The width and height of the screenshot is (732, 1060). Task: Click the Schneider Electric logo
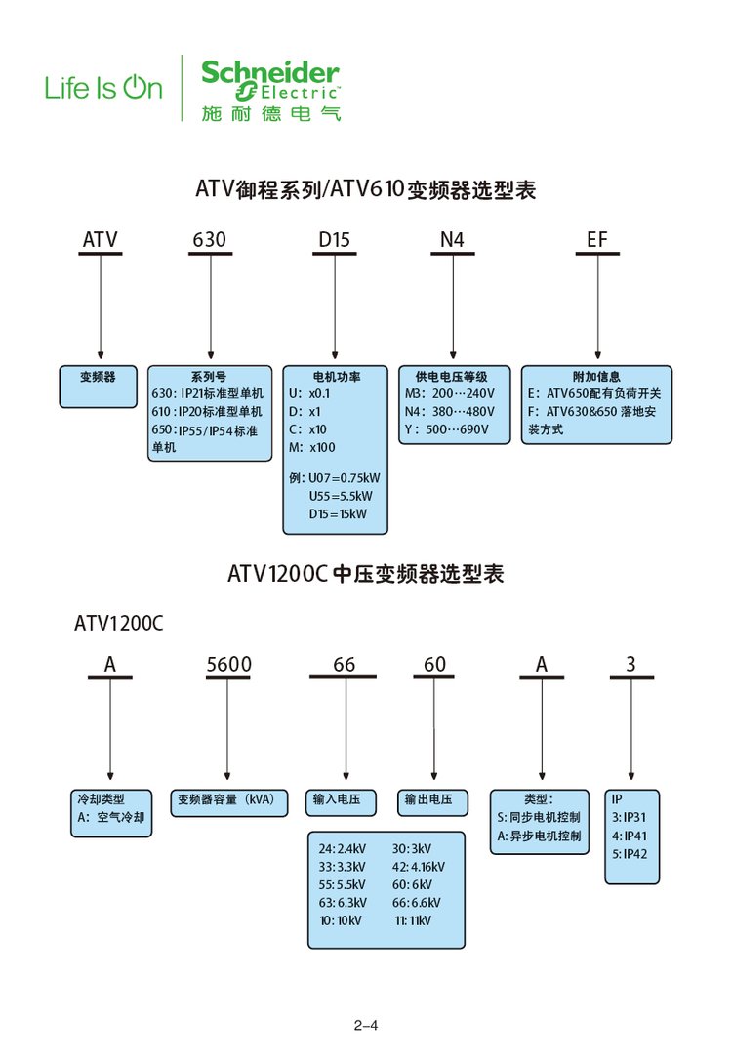[270, 88]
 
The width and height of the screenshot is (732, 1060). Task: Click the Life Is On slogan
[103, 89]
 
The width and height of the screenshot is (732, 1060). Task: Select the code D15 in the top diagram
[335, 239]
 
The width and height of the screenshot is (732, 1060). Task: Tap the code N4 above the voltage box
[452, 239]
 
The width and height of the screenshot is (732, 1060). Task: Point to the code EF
[597, 239]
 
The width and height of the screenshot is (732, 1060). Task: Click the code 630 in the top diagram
[210, 239]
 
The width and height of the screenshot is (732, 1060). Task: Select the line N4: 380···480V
[450, 411]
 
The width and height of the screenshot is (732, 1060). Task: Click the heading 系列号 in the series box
[209, 376]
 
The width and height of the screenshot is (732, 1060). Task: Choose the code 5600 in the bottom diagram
[228, 665]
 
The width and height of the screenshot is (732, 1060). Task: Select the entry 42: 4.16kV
[419, 867]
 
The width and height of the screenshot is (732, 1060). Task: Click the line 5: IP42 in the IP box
[630, 854]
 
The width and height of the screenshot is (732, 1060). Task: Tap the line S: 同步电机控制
[539, 818]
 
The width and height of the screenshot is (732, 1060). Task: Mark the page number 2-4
[366, 1026]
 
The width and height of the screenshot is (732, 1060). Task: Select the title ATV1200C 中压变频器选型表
[366, 574]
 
